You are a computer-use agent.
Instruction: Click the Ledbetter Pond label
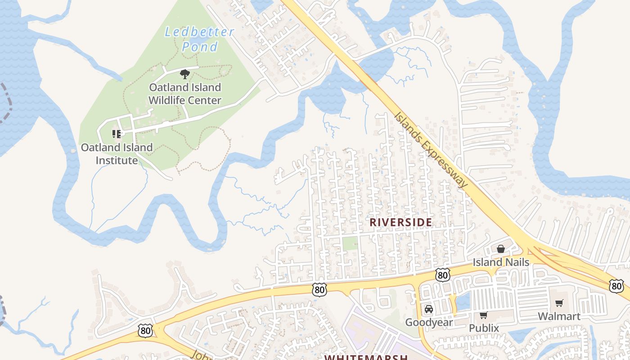(x=199, y=39)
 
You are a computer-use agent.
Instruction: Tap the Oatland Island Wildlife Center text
(x=185, y=94)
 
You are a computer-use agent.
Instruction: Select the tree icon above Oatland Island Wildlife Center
(x=184, y=74)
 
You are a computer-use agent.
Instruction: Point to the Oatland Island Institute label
(x=117, y=154)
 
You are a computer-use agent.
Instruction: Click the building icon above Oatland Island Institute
(x=117, y=134)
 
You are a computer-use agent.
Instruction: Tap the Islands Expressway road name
(x=431, y=149)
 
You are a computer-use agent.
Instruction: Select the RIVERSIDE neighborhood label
(x=401, y=222)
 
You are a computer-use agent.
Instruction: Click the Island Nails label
(x=501, y=262)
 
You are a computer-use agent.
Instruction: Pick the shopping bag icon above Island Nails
(x=501, y=249)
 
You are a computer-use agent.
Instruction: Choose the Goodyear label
(x=429, y=322)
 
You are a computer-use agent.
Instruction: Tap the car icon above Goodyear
(x=429, y=309)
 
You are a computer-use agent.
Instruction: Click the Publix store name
(x=484, y=328)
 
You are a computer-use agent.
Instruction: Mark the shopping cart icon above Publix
(x=484, y=315)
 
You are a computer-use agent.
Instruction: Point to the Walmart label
(x=559, y=316)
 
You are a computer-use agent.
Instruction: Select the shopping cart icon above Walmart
(x=559, y=303)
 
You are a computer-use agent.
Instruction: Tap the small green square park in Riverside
(x=350, y=243)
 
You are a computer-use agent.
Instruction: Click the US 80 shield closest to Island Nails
(x=443, y=275)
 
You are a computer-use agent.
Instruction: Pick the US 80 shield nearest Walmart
(x=617, y=285)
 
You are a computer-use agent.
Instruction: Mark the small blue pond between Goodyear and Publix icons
(x=463, y=300)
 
